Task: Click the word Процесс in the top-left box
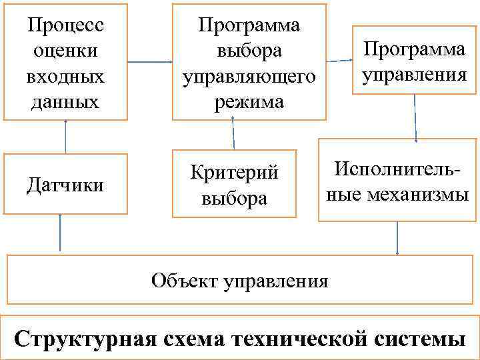pos(65,25)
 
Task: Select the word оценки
pos(65,51)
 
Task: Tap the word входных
pos(65,76)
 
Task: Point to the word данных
pos(65,101)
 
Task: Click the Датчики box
pos(65,184)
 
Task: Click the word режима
pos(249,101)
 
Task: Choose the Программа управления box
pos(413,61)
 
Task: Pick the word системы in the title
pos(420,337)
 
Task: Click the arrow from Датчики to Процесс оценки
pos(65,137)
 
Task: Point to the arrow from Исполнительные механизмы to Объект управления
pos(397,237)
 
